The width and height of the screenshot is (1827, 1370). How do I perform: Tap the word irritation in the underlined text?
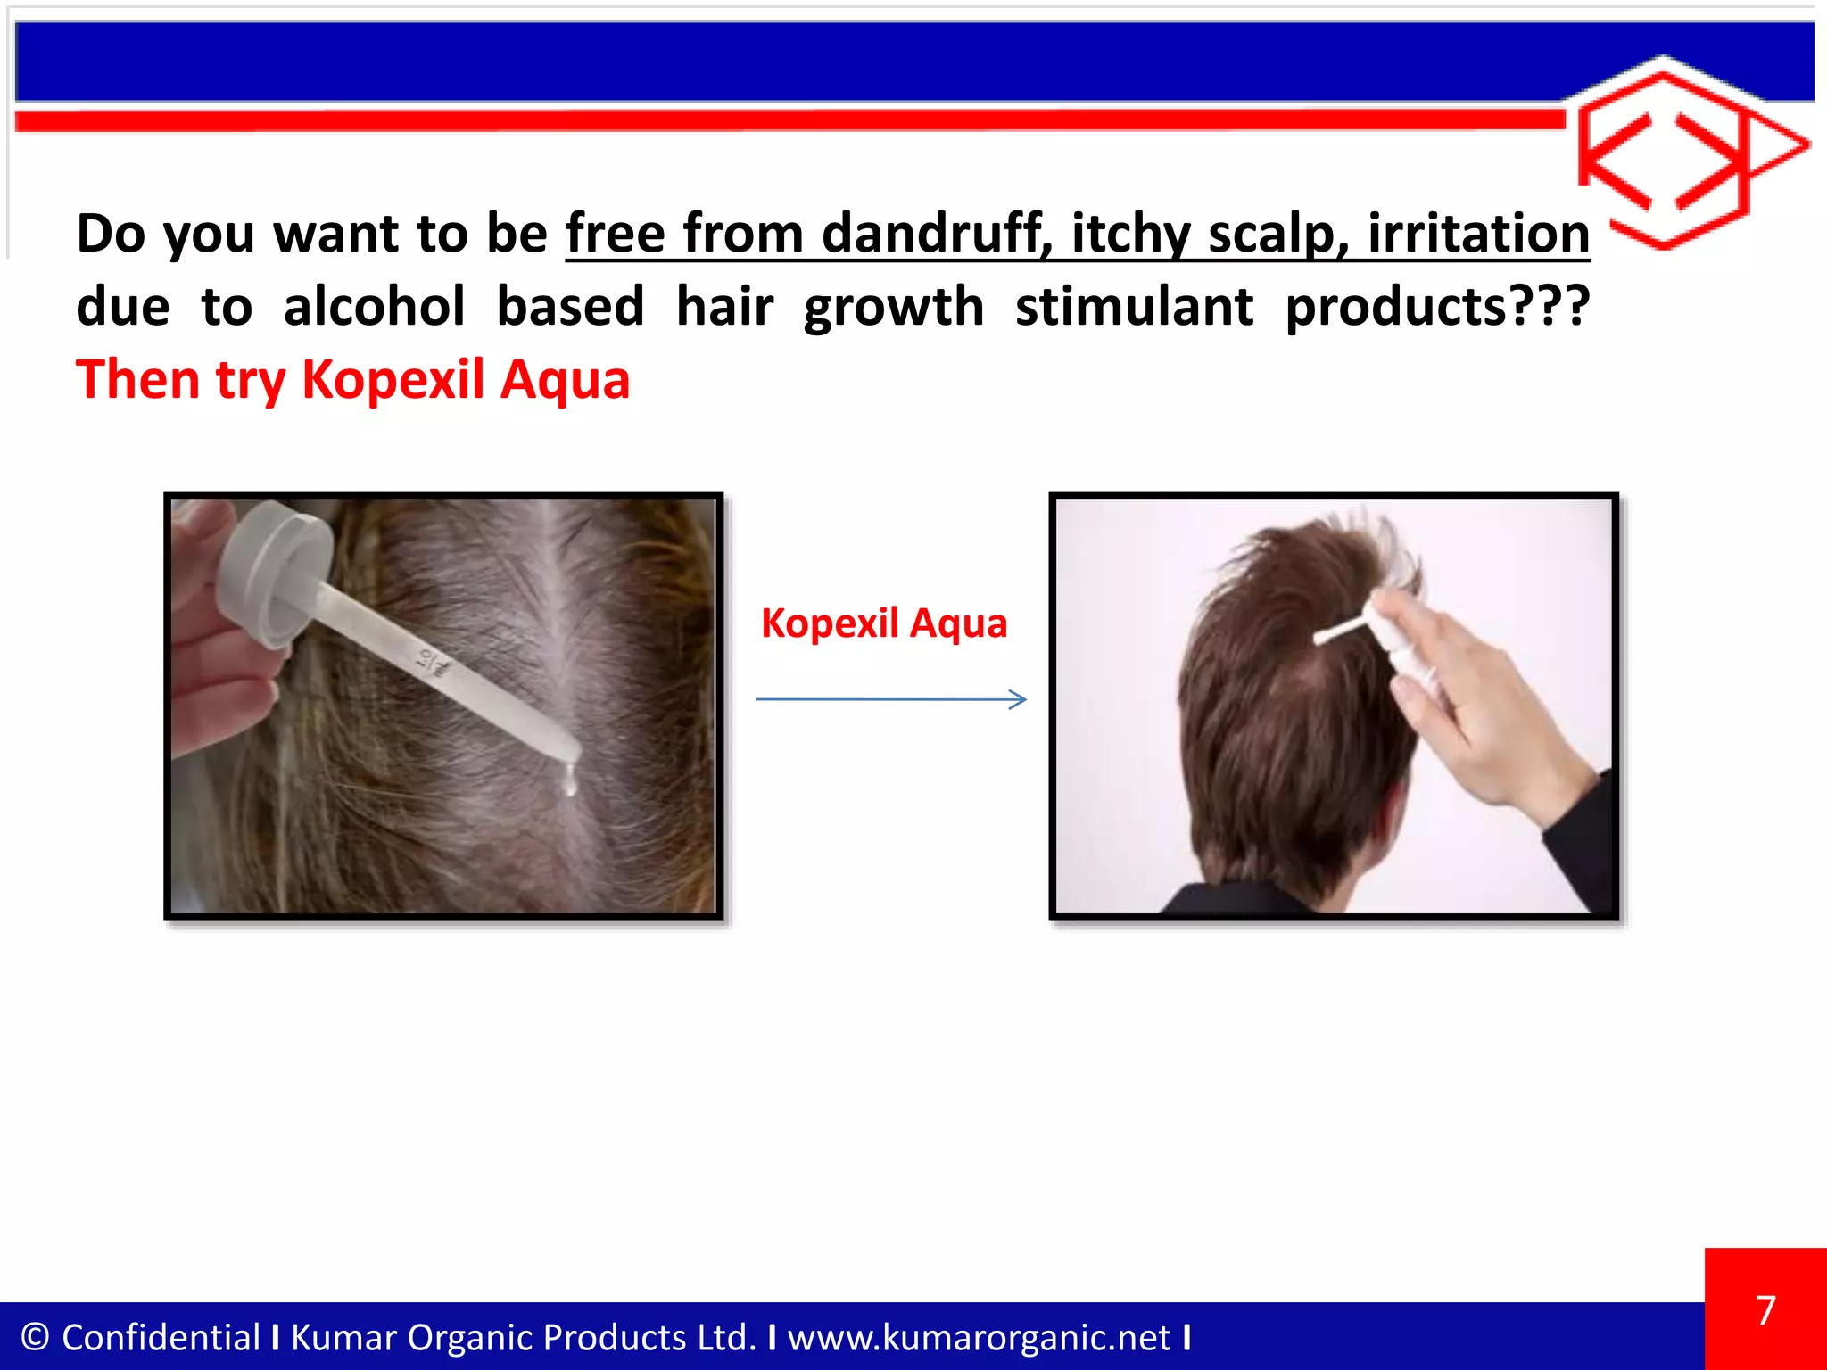click(x=1478, y=235)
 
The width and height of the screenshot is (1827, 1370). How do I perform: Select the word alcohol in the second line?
click(x=374, y=308)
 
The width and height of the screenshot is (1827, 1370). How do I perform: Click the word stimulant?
click(x=1134, y=308)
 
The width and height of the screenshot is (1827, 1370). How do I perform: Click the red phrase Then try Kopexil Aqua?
click(x=352, y=380)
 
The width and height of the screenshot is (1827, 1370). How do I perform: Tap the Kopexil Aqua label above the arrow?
click(x=883, y=623)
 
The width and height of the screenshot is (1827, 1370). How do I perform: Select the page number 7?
click(x=1765, y=1310)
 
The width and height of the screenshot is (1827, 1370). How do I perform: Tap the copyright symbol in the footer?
click(x=35, y=1338)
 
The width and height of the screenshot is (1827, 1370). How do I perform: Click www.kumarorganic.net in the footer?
click(x=979, y=1338)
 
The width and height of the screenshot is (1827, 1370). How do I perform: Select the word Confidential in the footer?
click(x=161, y=1338)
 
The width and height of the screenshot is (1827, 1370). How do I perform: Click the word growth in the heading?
click(x=893, y=308)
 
